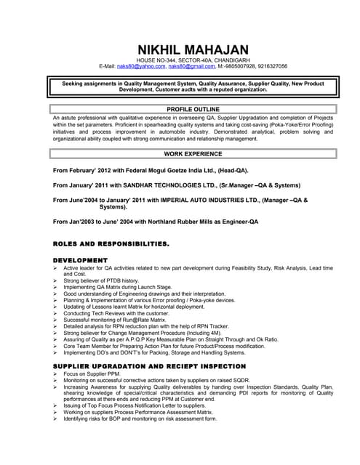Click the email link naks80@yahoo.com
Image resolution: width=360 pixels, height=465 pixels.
click(x=141, y=66)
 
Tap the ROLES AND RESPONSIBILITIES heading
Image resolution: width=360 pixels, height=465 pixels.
click(x=111, y=243)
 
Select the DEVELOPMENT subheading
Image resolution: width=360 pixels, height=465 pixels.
click(x=81, y=260)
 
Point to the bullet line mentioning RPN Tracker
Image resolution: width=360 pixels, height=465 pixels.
click(x=146, y=326)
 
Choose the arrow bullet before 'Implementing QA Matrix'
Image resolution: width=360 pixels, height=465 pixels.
click(x=56, y=287)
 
